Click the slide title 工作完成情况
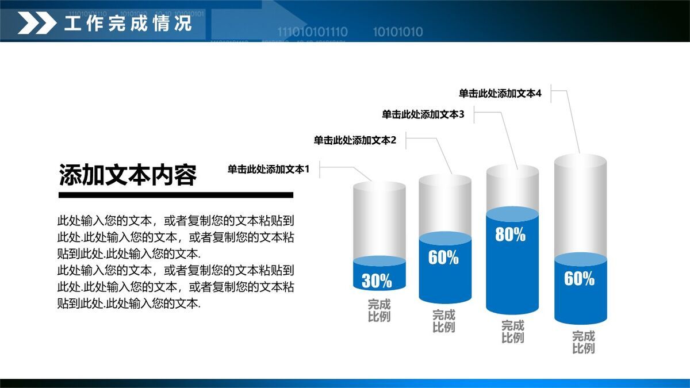pyautogui.click(x=128, y=24)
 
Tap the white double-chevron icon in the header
pyautogui.click(x=37, y=24)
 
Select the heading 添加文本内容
pyautogui.click(x=128, y=175)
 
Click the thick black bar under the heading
pyautogui.click(x=176, y=195)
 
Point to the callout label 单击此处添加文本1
pyautogui.click(x=269, y=169)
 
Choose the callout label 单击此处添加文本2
pyautogui.click(x=355, y=140)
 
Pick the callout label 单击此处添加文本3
pyautogui.click(x=423, y=114)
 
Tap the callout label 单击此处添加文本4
pyautogui.click(x=500, y=93)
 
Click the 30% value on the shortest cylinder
pyautogui.click(x=377, y=281)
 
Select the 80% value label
pyautogui.click(x=510, y=235)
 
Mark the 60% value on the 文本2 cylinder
pyautogui.click(x=443, y=258)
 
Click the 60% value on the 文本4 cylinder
pyautogui.click(x=579, y=279)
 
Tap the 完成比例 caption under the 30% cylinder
pyautogui.click(x=379, y=310)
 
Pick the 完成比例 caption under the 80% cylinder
pyautogui.click(x=512, y=332)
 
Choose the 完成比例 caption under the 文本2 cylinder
pyautogui.click(x=443, y=321)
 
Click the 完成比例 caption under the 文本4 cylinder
pyautogui.click(x=583, y=342)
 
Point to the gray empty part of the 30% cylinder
pyautogui.click(x=379, y=221)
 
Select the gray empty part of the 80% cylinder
pyautogui.click(x=512, y=187)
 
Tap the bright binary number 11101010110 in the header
pyautogui.click(x=312, y=32)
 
